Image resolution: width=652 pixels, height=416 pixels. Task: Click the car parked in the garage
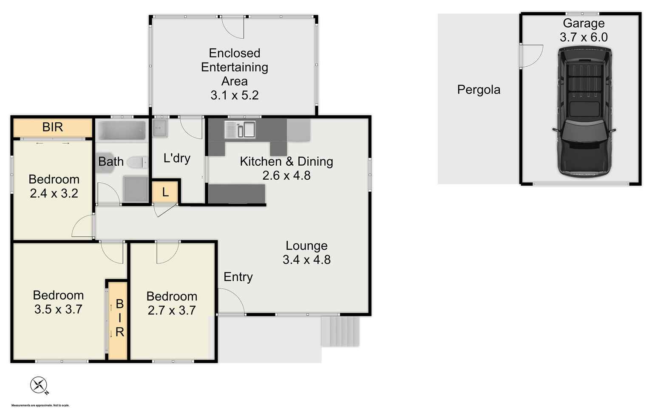(x=584, y=112)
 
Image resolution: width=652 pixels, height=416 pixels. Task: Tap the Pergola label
(x=479, y=90)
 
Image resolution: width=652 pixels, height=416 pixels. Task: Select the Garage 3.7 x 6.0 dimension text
(x=584, y=37)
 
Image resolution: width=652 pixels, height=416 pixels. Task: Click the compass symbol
(x=39, y=385)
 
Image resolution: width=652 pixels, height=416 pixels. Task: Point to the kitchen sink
(x=240, y=130)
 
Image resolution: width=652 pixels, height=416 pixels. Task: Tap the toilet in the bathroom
(x=137, y=162)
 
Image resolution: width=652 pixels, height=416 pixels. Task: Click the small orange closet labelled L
(x=165, y=192)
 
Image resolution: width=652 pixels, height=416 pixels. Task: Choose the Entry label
(x=238, y=277)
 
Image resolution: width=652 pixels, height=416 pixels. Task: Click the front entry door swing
(x=230, y=301)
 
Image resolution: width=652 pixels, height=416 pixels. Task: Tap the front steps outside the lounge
(x=340, y=331)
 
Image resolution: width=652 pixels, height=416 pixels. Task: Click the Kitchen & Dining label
(x=286, y=161)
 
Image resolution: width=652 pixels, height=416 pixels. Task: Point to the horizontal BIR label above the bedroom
(x=53, y=127)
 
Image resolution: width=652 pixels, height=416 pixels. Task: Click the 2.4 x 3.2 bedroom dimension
(x=54, y=193)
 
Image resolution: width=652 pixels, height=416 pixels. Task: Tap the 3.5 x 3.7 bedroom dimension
(x=58, y=309)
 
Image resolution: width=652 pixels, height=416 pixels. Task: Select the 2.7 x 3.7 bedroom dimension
(x=172, y=311)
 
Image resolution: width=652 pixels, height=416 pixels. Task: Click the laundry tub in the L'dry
(x=160, y=127)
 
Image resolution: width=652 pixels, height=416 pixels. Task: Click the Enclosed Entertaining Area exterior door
(x=233, y=26)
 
